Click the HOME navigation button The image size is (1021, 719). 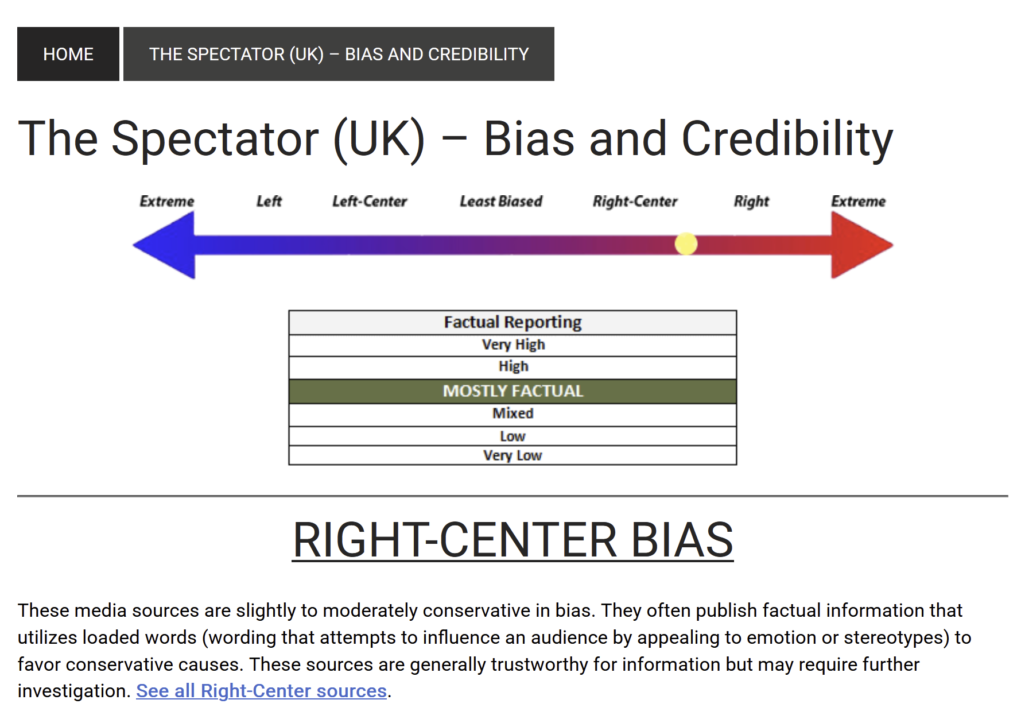click(68, 54)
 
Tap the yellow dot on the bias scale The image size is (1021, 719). click(686, 244)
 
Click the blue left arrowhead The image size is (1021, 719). click(164, 245)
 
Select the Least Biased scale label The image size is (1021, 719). click(501, 202)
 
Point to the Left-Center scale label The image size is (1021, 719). click(370, 202)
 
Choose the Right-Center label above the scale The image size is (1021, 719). click(635, 202)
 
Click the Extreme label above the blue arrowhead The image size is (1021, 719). click(167, 202)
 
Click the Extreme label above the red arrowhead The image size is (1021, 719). click(859, 202)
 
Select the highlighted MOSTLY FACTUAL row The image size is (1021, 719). click(513, 391)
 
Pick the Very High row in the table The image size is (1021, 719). click(513, 345)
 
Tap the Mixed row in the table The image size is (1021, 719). click(513, 414)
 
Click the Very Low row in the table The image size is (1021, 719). click(513, 455)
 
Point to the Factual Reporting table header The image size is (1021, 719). click(513, 322)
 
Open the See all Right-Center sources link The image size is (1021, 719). click(261, 691)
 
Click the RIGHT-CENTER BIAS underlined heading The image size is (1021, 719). click(513, 540)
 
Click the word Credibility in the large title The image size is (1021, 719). click(787, 140)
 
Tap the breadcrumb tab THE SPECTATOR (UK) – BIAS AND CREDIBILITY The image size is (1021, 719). click(339, 54)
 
